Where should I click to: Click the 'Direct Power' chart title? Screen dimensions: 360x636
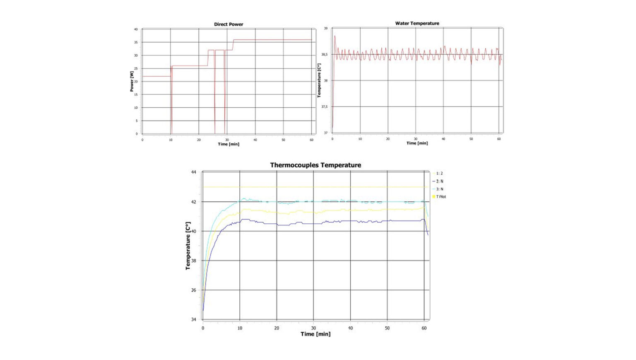pyautogui.click(x=229, y=24)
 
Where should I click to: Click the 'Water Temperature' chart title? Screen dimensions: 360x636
pyautogui.click(x=417, y=24)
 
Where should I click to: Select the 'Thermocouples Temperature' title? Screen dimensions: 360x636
pyautogui.click(x=316, y=165)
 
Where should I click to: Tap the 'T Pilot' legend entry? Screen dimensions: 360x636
pyautogui.click(x=441, y=197)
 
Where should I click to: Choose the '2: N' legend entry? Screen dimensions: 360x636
pyautogui.click(x=439, y=181)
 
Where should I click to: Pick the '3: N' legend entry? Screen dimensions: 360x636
pyautogui.click(x=439, y=189)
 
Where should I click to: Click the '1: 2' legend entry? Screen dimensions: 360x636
pyautogui.click(x=439, y=174)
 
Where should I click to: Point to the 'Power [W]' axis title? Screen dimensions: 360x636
pyautogui.click(x=132, y=81)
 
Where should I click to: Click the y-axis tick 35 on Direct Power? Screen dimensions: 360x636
pyautogui.click(x=136, y=42)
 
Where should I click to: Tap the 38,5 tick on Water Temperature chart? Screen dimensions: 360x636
pyautogui.click(x=324, y=55)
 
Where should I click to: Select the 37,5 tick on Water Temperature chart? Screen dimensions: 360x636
pyautogui.click(x=324, y=107)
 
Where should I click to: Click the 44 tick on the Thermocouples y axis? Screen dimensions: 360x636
pyautogui.click(x=193, y=172)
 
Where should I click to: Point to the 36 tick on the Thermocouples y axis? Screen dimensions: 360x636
pyautogui.click(x=193, y=290)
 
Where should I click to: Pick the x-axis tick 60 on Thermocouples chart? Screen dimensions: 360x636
pyautogui.click(x=424, y=328)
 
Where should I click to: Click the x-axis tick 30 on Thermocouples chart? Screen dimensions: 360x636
pyautogui.click(x=313, y=328)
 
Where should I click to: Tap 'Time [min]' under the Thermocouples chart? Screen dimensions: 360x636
pyautogui.click(x=316, y=334)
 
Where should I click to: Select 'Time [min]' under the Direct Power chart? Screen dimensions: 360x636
pyautogui.click(x=229, y=144)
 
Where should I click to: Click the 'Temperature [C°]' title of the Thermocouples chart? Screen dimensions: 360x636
pyautogui.click(x=188, y=246)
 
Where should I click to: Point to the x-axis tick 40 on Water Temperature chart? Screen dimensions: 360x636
pyautogui.click(x=443, y=139)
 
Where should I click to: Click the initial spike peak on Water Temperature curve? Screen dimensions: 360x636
pyautogui.click(x=335, y=36)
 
